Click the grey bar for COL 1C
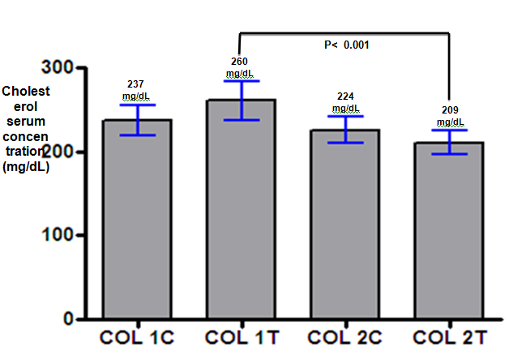[x=137, y=219]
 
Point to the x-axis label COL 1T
[x=239, y=336]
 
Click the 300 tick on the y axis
[x=58, y=68]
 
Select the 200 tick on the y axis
[x=58, y=152]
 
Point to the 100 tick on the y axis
[x=58, y=236]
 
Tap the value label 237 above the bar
[x=137, y=84]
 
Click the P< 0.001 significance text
[x=346, y=45]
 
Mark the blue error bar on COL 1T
[x=239, y=101]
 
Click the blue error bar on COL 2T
[x=448, y=142]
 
